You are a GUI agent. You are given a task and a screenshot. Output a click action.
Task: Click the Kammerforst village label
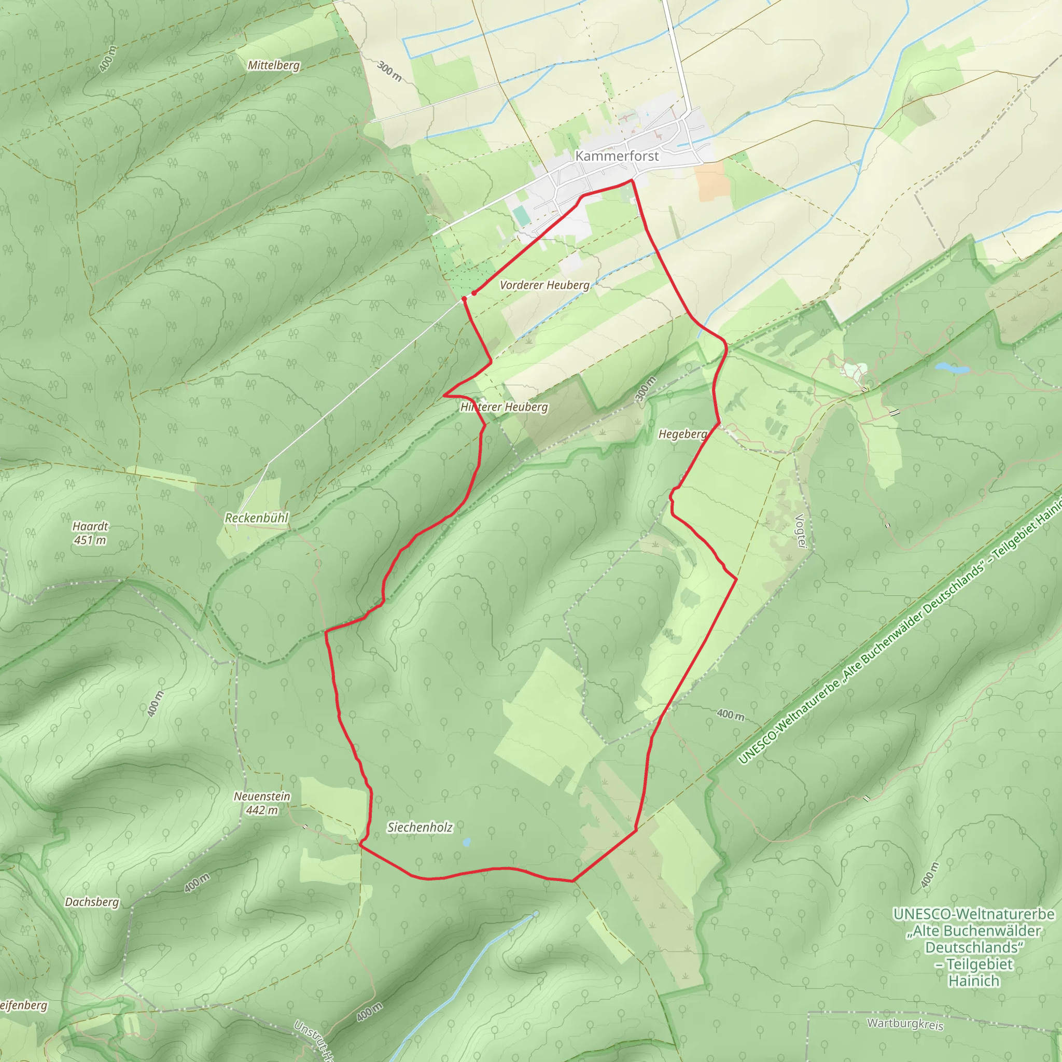[617, 156]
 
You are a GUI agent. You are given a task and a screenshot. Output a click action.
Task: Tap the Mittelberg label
[274, 65]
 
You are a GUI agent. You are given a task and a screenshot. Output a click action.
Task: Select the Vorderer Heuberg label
[544, 285]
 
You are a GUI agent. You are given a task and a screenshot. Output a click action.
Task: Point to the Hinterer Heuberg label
[504, 407]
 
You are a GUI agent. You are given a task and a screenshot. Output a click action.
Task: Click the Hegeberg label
[683, 434]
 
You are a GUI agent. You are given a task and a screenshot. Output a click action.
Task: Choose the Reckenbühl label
[256, 518]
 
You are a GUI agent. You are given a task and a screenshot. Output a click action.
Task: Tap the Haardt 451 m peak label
[90, 533]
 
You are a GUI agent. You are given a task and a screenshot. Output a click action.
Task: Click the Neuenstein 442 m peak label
[262, 803]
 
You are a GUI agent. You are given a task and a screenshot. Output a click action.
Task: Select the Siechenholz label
[420, 827]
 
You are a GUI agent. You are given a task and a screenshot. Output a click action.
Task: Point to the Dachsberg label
[92, 902]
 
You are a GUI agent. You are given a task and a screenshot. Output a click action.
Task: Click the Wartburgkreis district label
[905, 1024]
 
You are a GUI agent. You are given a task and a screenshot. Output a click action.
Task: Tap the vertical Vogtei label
[800, 531]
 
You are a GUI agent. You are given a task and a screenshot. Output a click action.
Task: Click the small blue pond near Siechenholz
[467, 842]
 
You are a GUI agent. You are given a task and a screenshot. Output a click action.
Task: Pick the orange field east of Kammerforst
[711, 180]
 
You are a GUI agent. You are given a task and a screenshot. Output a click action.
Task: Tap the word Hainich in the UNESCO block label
[973, 981]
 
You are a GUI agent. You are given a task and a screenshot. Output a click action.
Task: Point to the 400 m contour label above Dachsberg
[196, 883]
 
